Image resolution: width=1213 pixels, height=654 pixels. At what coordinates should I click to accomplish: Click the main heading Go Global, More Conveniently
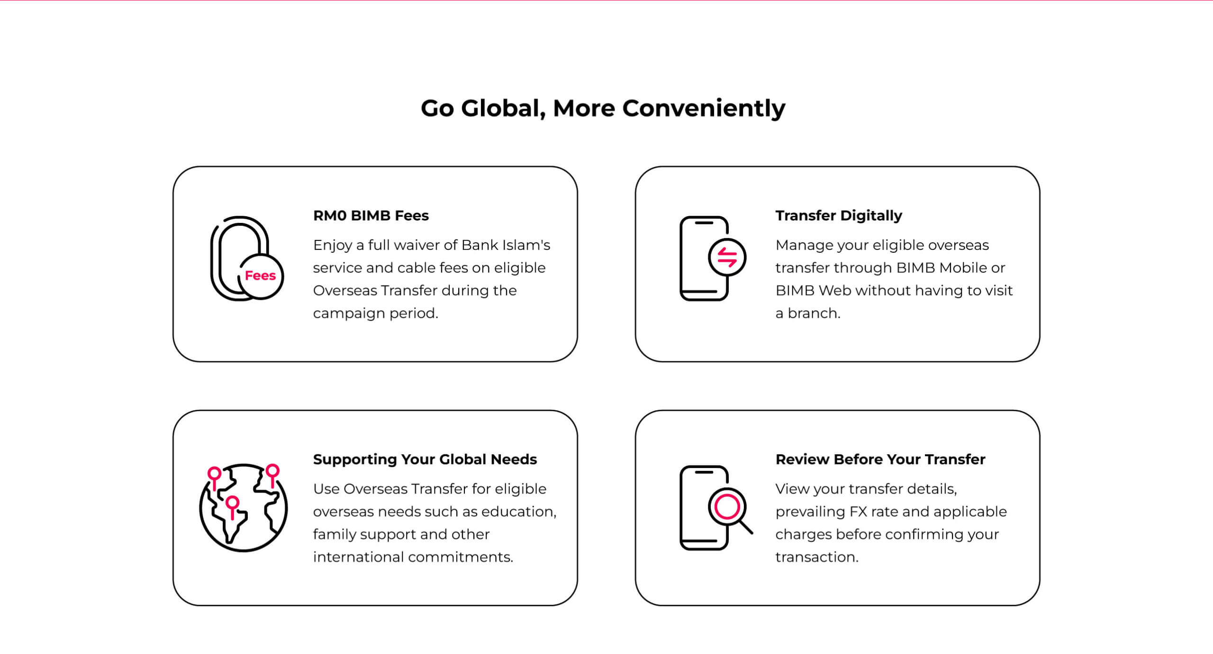pyautogui.click(x=603, y=109)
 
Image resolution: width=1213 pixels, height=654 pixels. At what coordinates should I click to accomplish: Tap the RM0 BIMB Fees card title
pyautogui.click(x=371, y=216)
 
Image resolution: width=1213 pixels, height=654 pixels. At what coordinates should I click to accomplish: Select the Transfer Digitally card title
pyautogui.click(x=839, y=216)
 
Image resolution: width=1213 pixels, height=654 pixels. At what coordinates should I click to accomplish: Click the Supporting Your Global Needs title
pyautogui.click(x=425, y=460)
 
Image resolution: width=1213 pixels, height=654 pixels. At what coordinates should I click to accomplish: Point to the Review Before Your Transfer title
pyautogui.click(x=880, y=460)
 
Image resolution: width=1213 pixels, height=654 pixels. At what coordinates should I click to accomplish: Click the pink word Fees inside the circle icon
pyautogui.click(x=260, y=276)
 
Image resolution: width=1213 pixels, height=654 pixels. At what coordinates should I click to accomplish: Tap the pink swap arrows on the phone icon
pyautogui.click(x=727, y=258)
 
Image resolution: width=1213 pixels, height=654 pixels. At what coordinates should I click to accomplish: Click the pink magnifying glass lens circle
pyautogui.click(x=727, y=507)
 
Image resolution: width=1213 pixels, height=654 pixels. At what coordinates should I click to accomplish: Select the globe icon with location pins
pyautogui.click(x=243, y=507)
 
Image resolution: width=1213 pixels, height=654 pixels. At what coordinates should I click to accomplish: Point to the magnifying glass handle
pyautogui.click(x=746, y=527)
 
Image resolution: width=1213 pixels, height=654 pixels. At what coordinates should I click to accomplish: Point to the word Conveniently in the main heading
pyautogui.click(x=704, y=109)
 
